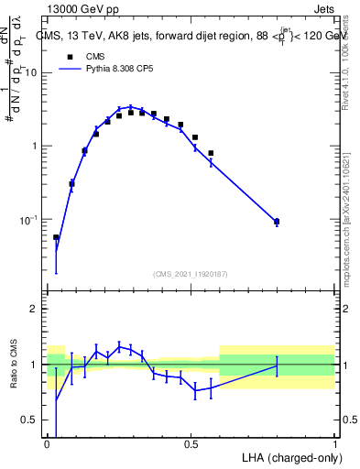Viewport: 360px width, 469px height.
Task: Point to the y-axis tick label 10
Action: (32, 72)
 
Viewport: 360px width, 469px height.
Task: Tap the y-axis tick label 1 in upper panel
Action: (36, 147)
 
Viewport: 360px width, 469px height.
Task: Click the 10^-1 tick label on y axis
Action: (30, 220)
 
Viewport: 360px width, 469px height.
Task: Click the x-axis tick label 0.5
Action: (191, 443)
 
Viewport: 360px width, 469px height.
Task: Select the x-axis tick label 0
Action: (47, 443)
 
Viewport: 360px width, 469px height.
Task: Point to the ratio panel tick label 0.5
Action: (30, 420)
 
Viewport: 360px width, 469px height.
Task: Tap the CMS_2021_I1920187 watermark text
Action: (191, 273)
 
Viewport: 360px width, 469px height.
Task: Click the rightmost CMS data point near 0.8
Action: (277, 221)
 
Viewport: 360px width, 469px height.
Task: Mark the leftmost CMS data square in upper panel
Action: (56, 237)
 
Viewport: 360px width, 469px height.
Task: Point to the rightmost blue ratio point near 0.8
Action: (277, 365)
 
